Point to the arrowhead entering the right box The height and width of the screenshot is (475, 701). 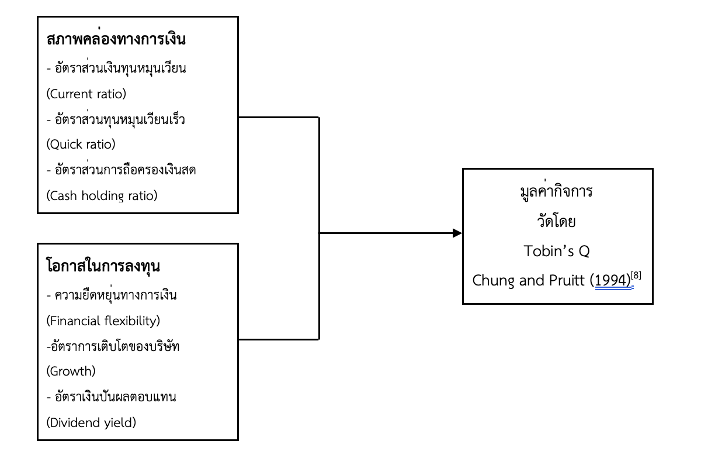[x=456, y=233]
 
